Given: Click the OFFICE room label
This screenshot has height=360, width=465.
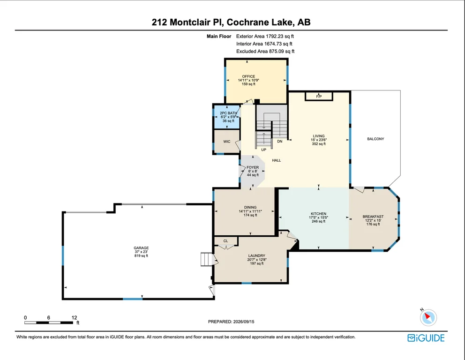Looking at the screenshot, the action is (248, 76).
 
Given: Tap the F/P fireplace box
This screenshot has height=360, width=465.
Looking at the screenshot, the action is (319, 97).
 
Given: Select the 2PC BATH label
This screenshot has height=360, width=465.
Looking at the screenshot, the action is (228, 113).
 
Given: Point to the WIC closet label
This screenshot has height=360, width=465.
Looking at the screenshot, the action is (227, 142).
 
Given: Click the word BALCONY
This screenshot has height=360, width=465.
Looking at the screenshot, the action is (375, 139).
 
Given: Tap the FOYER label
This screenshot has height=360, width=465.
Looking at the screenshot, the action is (253, 167).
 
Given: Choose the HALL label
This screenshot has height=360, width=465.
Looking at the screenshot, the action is (277, 160).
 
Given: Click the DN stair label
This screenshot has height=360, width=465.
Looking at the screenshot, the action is (280, 142).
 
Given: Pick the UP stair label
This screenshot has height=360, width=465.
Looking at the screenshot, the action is (263, 150).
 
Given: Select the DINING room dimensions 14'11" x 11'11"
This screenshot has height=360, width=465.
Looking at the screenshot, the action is (250, 211).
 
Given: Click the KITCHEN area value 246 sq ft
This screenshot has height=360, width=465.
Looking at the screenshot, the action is (318, 221).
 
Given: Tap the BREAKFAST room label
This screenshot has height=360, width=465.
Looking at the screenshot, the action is (373, 217).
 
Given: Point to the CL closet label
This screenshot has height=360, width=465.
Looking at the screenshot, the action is (225, 241).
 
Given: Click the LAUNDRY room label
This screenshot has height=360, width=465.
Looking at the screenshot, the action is (257, 255).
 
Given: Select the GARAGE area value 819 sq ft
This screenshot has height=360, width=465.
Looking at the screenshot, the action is (141, 255).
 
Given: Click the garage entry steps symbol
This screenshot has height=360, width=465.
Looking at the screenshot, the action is (207, 259).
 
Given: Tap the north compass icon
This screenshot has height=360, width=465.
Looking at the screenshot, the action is (428, 317).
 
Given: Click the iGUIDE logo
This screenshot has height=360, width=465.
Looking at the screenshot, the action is (426, 338).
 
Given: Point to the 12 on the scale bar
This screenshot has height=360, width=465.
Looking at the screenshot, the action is (74, 318).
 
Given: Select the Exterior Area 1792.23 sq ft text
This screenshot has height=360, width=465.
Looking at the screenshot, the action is (265, 37).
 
